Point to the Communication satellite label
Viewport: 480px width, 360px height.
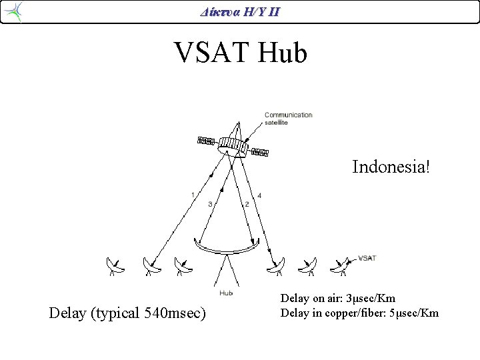(288, 119)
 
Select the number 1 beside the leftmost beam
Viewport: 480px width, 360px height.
(192, 195)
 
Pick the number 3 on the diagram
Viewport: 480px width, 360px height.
(210, 204)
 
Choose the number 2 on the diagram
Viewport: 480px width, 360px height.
(247, 204)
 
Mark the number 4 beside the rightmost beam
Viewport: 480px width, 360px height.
(259, 195)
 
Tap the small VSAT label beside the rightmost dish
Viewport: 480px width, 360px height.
(367, 258)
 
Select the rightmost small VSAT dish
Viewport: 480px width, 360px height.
(341, 266)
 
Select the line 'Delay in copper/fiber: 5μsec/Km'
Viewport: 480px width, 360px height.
(359, 312)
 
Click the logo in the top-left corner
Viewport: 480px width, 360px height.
(13, 11)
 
